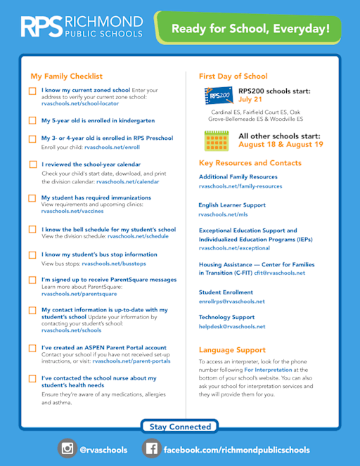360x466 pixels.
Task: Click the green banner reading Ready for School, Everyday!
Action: click(x=250, y=29)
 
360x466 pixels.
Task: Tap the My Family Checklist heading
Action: click(x=66, y=76)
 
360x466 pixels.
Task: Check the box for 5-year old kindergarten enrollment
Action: click(x=32, y=120)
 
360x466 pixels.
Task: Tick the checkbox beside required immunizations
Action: click(x=32, y=198)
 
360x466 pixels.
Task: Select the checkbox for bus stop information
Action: click(x=32, y=254)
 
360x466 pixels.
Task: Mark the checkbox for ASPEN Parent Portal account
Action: click(x=32, y=347)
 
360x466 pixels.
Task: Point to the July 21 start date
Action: click(x=250, y=100)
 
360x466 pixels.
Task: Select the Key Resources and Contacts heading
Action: click(x=250, y=163)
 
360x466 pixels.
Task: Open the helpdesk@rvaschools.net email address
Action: click(x=232, y=326)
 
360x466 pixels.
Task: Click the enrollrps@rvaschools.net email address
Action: click(x=232, y=301)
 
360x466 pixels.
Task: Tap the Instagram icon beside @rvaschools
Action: click(x=67, y=448)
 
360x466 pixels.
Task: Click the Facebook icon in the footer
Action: click(x=151, y=448)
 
